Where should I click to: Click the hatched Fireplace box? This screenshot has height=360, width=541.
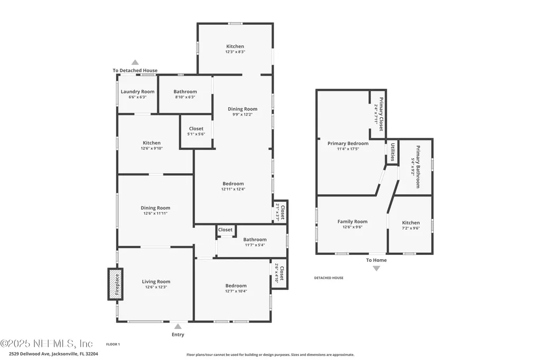coord(116,284)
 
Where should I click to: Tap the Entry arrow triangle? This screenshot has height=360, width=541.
coord(178,326)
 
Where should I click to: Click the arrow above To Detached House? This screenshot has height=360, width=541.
coord(135,62)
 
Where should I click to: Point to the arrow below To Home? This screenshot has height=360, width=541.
coord(376,268)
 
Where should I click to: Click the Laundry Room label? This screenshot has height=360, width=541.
coord(138,92)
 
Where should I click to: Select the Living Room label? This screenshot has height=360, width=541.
coord(156,282)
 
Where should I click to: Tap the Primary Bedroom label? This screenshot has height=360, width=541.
coord(348,144)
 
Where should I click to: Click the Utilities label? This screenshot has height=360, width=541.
coord(393,152)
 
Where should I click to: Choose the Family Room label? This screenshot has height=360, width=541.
coord(352,222)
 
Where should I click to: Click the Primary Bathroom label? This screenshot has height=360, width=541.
coord(418,167)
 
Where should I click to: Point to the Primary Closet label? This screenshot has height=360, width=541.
coord(381,114)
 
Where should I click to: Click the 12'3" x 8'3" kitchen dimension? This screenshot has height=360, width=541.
coord(235,52)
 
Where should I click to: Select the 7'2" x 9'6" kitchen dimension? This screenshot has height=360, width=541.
coord(411,228)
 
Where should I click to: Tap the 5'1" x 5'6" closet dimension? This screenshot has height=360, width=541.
coord(197,134)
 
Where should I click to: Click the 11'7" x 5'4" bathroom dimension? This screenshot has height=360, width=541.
coord(255,245)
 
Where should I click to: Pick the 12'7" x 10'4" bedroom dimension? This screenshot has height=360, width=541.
coord(236,291)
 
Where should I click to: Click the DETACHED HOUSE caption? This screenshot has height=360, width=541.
coord(329,278)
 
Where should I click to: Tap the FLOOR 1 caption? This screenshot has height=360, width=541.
coord(113,344)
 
